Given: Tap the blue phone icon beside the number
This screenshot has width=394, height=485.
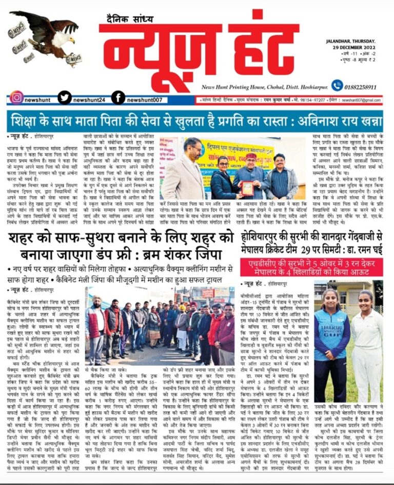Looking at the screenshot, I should (337, 86).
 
